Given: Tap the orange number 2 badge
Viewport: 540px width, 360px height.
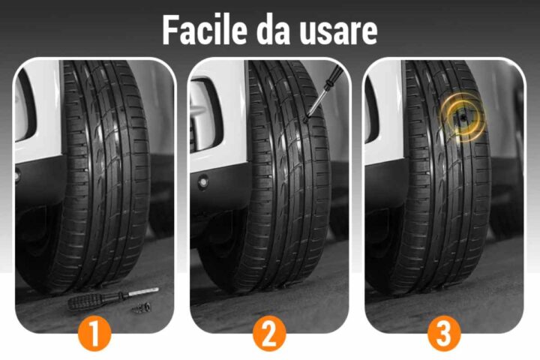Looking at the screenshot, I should click(x=269, y=333).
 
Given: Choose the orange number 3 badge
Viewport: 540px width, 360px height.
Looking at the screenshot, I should click(x=444, y=333).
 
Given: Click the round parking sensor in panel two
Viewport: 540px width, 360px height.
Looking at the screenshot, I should click(x=202, y=182).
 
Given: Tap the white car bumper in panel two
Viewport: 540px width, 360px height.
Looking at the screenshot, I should click(x=214, y=150).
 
